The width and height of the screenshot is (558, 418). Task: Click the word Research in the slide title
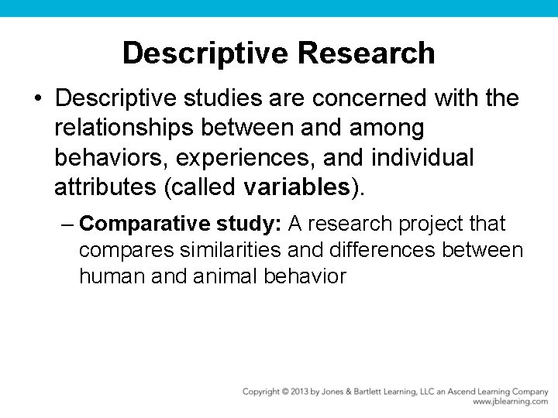click(x=366, y=53)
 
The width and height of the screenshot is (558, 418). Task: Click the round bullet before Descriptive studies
click(x=37, y=100)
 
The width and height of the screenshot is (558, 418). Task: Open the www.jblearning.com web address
click(x=510, y=402)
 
